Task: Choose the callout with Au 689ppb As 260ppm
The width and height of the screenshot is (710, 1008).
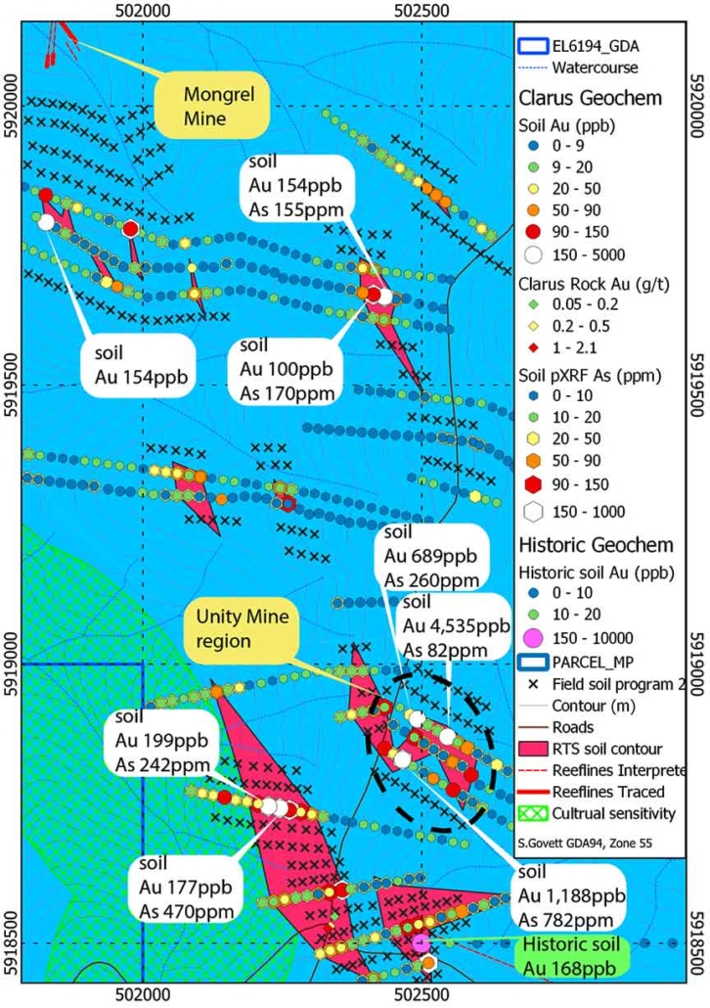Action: click(x=431, y=556)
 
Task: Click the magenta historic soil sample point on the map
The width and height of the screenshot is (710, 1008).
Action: click(x=421, y=941)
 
